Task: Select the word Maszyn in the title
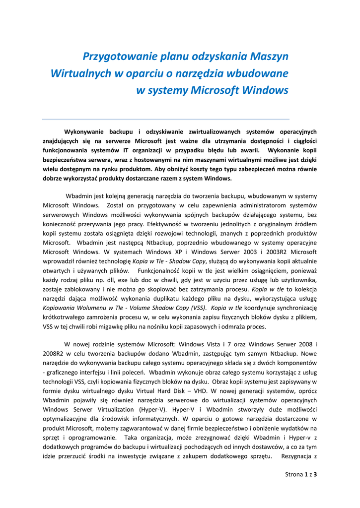[269, 57]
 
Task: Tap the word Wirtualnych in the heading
[81, 74]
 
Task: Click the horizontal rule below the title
[165, 119]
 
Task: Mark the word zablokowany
[75, 290]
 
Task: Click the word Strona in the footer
[293, 474]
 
